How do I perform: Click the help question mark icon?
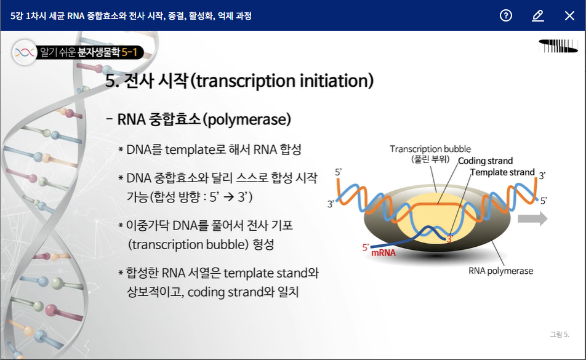[505, 15]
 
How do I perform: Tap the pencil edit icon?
[538, 15]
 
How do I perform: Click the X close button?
[569, 15]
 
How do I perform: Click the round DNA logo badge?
[25, 52]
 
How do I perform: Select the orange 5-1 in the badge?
[129, 52]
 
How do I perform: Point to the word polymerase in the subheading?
[247, 119]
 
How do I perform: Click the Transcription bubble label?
[430, 149]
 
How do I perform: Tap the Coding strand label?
[485, 161]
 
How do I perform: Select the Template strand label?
[502, 172]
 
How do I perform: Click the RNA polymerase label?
[501, 271]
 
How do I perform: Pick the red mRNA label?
[383, 253]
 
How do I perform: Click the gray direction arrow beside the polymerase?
[532, 218]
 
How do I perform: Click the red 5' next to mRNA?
[366, 247]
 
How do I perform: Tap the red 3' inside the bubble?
[449, 239]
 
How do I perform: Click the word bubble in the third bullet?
[227, 244]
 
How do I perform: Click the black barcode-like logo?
[558, 46]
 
